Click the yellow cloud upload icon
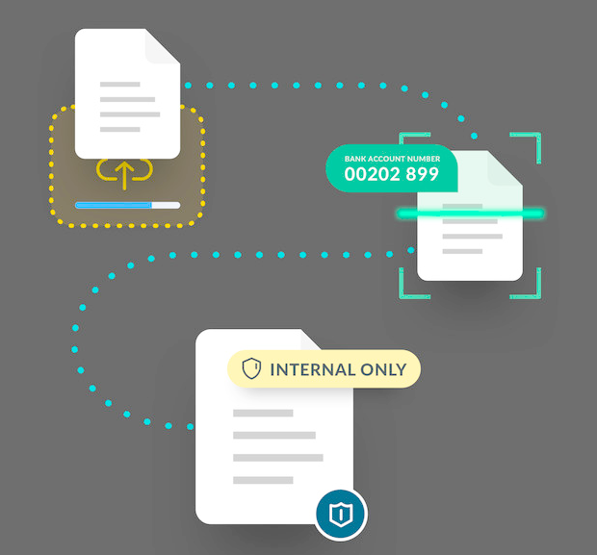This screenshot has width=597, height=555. tap(126, 173)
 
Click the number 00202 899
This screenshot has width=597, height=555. tap(391, 174)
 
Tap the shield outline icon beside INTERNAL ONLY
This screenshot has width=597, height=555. tap(250, 369)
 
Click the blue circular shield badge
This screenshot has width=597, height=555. tap(341, 515)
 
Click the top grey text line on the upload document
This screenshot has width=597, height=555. tap(119, 84)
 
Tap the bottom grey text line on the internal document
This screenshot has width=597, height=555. tap(263, 479)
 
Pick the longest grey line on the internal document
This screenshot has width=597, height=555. tap(278, 457)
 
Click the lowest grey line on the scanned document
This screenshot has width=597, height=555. tap(462, 251)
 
